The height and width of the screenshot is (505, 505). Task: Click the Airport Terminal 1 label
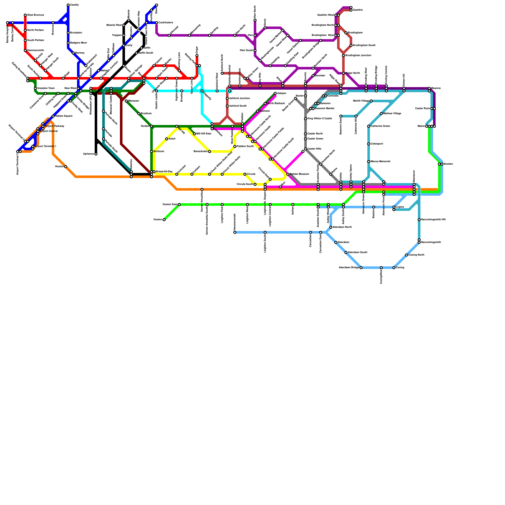[x=45, y=146]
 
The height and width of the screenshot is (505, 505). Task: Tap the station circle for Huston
[x=164, y=220]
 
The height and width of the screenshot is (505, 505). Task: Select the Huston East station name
[x=170, y=205]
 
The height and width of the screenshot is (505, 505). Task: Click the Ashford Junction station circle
[x=227, y=98]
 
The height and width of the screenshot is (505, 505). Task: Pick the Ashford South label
[x=238, y=106]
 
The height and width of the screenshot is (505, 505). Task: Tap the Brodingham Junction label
[x=358, y=56]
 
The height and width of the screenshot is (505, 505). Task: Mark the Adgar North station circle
[x=343, y=73]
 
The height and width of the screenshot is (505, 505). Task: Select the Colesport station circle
[x=369, y=144]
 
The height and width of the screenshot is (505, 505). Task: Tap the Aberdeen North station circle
[x=331, y=227]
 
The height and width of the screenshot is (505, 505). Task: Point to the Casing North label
[x=416, y=255]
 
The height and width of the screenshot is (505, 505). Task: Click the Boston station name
[x=448, y=164]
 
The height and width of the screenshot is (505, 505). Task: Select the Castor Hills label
[x=314, y=149]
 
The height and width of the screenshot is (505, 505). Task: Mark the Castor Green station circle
[x=306, y=139]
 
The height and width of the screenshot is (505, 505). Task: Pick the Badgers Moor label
[x=78, y=43]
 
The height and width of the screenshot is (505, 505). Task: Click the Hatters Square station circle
[x=53, y=116]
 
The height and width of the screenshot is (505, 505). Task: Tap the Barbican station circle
[x=151, y=151]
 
